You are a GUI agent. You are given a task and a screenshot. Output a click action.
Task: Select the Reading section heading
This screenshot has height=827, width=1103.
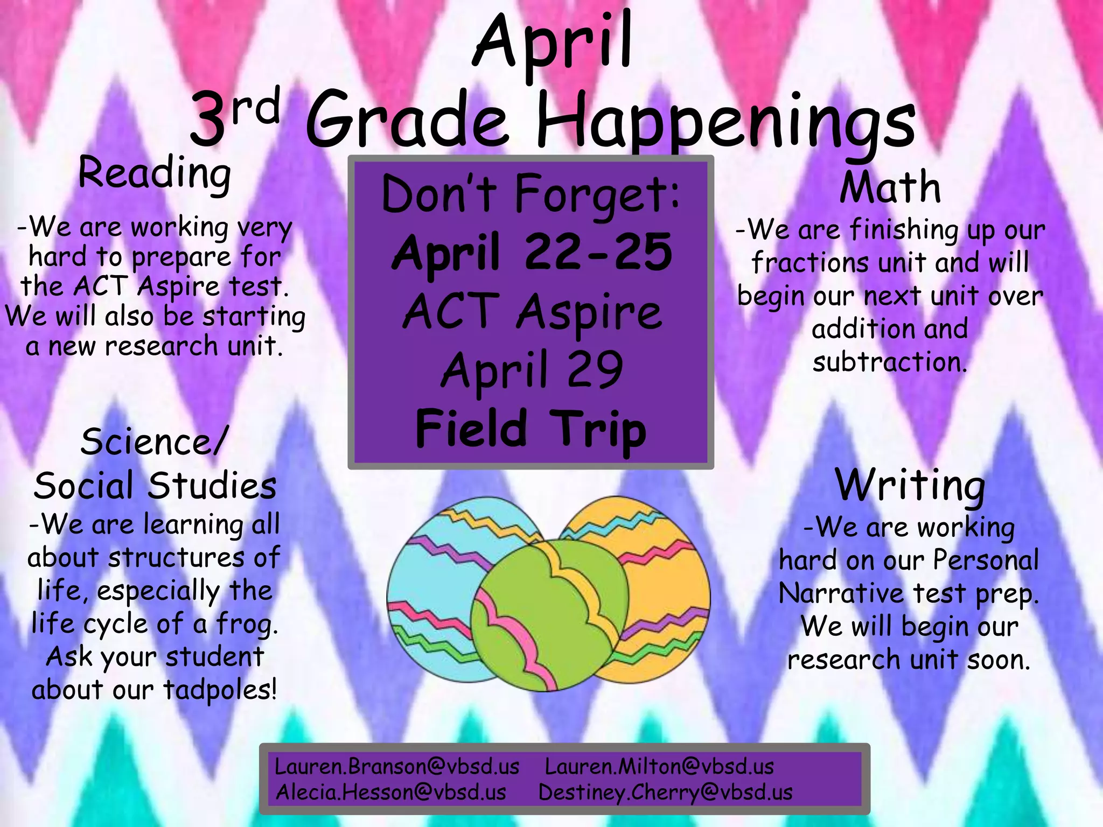coord(155,173)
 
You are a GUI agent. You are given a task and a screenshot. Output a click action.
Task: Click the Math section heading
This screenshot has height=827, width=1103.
coord(890,187)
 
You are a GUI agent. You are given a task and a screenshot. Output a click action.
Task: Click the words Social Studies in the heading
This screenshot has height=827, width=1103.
coord(155,486)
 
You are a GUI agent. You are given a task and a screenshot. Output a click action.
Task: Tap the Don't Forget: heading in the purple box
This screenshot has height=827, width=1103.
coord(530,194)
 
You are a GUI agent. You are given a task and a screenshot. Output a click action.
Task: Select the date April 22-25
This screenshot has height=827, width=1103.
coord(532,252)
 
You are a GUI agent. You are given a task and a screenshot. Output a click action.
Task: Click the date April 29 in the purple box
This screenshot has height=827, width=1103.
coord(532,370)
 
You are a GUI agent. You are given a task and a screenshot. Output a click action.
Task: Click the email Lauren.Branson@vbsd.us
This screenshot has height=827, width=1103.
coord(397,767)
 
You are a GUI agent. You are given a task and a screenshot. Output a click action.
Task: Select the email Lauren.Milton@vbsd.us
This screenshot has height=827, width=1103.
coord(659,767)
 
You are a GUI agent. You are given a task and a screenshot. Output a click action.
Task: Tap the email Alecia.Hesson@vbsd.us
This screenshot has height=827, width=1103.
coord(391,792)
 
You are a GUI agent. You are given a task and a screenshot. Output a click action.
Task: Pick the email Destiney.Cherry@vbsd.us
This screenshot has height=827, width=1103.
coord(666,792)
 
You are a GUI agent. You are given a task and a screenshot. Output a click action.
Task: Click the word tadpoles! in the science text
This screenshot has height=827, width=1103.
coord(220,690)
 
